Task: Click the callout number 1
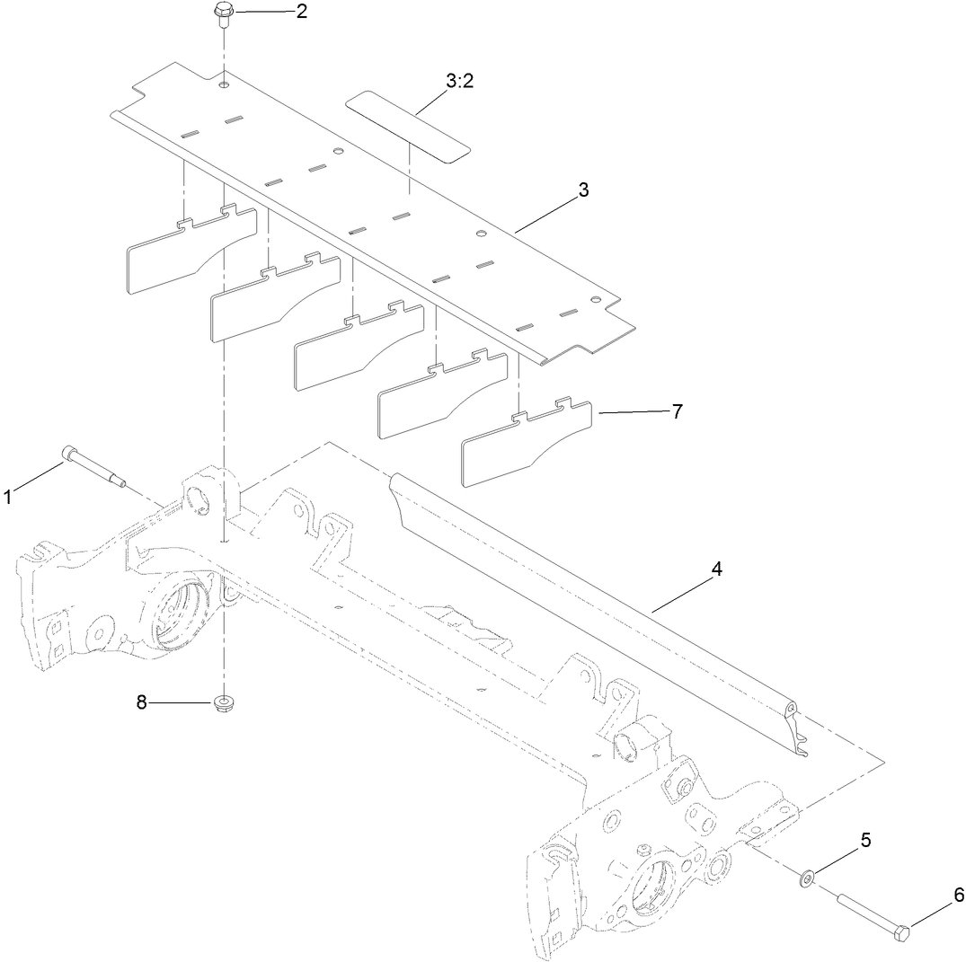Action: click(x=8, y=496)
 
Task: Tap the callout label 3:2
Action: click(x=459, y=81)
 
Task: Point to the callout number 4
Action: click(x=715, y=569)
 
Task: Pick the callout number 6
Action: click(x=958, y=895)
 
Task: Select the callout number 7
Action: click(x=677, y=411)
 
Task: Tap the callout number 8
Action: click(x=141, y=702)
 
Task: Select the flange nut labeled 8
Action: click(x=222, y=702)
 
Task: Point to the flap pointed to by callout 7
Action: click(x=526, y=445)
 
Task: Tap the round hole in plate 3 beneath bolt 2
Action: click(x=222, y=85)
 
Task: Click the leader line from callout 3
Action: click(x=548, y=212)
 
